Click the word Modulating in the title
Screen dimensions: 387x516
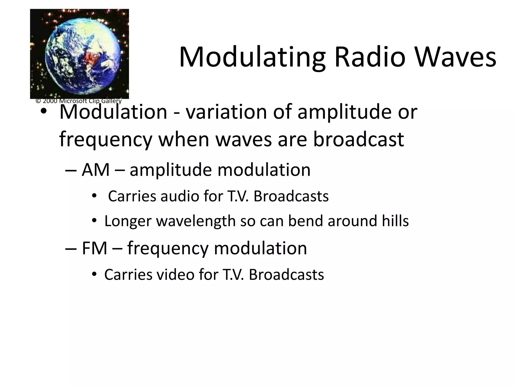tap(252, 57)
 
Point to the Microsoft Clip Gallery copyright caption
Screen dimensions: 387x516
tap(79, 101)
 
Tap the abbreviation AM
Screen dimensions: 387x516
tap(96, 170)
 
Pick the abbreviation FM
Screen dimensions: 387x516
tap(94, 248)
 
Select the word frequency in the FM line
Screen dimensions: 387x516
tap(168, 249)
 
